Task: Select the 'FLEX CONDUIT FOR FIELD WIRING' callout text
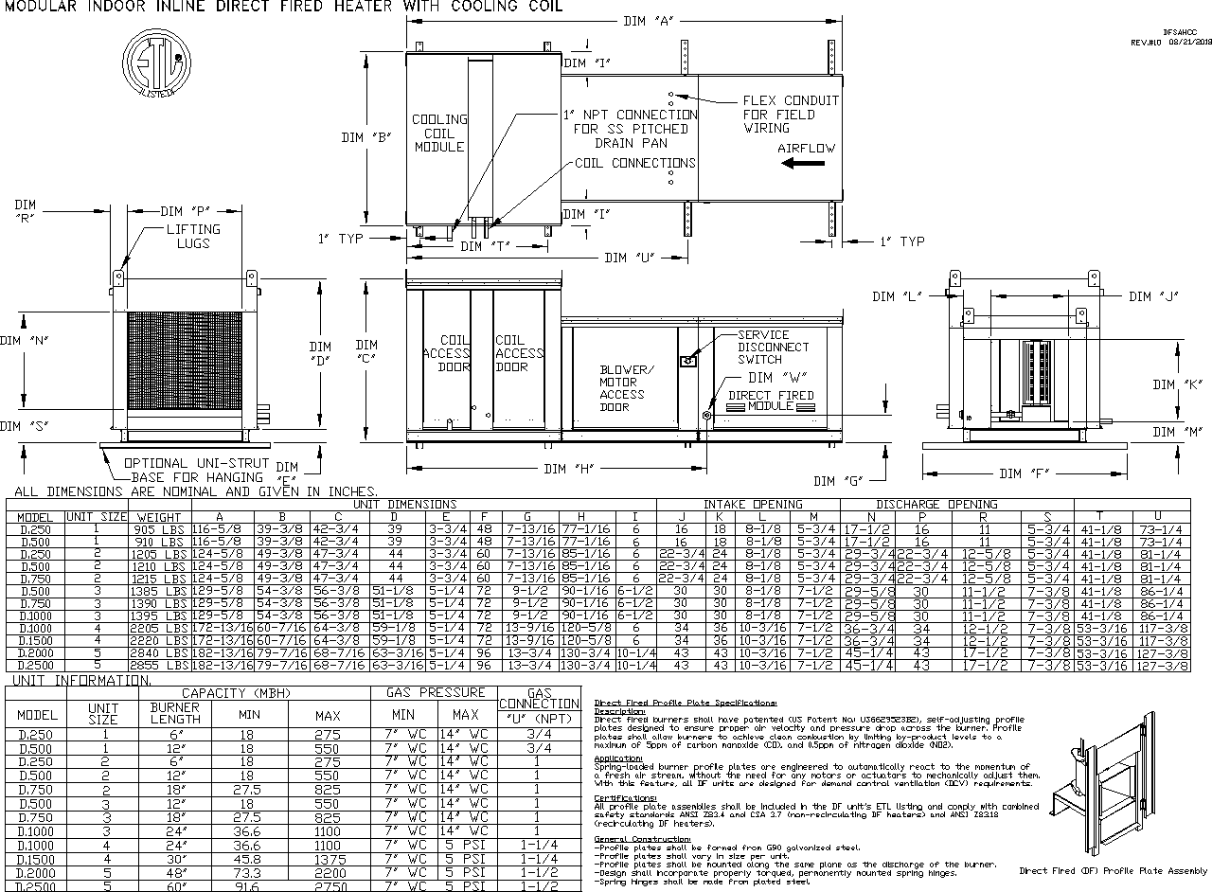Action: coord(790,114)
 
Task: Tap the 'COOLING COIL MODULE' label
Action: coord(439,133)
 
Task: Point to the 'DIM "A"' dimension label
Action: coord(648,22)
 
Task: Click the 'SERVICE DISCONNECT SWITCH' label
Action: coord(762,347)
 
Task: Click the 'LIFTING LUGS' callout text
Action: coord(193,236)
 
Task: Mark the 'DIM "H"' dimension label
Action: coord(570,469)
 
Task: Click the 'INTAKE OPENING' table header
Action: coord(753,505)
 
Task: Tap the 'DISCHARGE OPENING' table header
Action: coord(936,505)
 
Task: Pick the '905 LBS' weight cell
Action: coord(158,528)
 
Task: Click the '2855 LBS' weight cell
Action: coord(158,666)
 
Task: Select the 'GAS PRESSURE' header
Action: coord(433,693)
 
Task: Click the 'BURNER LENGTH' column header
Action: coord(174,713)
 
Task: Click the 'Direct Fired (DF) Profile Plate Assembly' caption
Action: coord(1113,870)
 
